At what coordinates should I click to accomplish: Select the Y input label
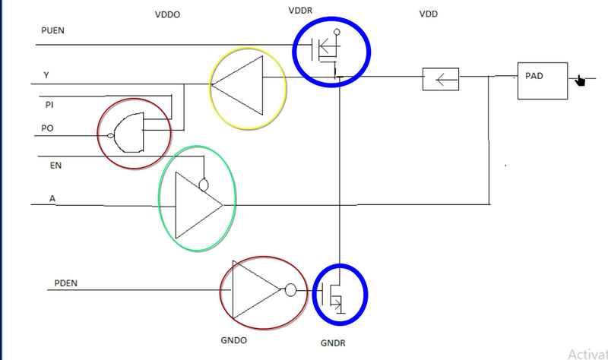pyautogui.click(x=47, y=74)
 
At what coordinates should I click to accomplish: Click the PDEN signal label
pyautogui.click(x=66, y=283)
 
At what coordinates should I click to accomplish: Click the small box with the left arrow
pyautogui.click(x=441, y=78)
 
